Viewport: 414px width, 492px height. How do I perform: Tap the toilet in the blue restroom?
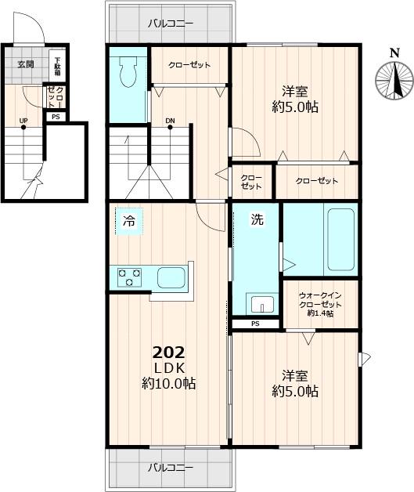[x=128, y=72]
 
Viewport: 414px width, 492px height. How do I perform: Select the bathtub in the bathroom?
[x=341, y=240]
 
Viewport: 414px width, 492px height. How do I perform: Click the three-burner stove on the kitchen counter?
[x=129, y=277]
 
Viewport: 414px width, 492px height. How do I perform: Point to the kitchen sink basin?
[x=171, y=277]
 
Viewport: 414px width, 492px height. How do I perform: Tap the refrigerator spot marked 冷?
[x=129, y=221]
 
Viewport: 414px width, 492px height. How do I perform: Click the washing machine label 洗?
[x=257, y=219]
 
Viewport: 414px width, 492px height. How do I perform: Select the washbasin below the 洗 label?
[x=262, y=304]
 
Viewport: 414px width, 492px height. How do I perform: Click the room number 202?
[x=168, y=353]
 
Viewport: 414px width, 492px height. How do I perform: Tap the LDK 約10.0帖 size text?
[x=168, y=376]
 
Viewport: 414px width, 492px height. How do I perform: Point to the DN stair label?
[x=170, y=121]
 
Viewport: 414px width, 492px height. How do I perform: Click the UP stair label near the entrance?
[x=23, y=121]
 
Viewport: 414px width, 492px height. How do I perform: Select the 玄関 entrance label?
[x=26, y=64]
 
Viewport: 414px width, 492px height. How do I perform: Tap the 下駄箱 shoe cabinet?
[x=57, y=67]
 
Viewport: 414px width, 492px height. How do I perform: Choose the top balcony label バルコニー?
[x=171, y=24]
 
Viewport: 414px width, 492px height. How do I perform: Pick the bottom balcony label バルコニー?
[x=171, y=468]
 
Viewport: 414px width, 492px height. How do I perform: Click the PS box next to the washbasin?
[x=255, y=324]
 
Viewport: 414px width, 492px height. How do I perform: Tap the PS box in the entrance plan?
[x=56, y=117]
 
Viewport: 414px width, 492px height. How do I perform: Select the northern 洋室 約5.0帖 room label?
[x=295, y=99]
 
